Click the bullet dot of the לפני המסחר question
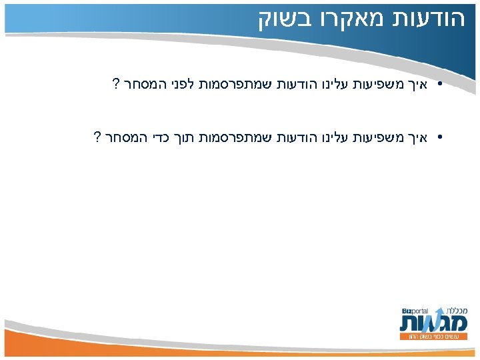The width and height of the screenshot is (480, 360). (441, 85)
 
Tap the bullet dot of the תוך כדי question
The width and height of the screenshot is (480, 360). (441, 139)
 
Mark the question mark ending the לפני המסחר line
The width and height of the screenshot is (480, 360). (115, 85)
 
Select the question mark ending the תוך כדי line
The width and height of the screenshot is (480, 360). (97, 138)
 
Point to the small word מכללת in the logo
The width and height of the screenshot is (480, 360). (453, 311)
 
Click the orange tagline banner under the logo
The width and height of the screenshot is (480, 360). (438, 337)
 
